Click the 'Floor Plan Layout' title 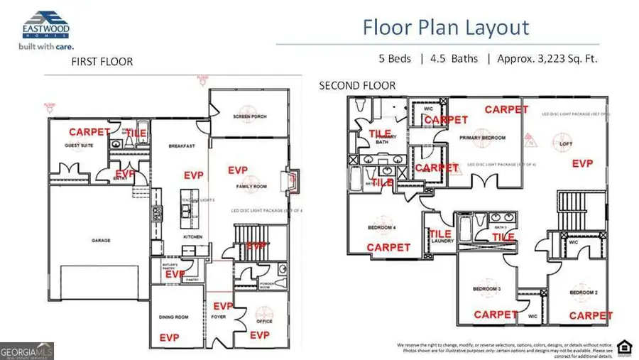coord(446,28)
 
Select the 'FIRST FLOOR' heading coord(102,62)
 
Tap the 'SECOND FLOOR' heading coord(357,86)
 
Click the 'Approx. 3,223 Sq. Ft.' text coord(548,58)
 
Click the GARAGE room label coord(101,241)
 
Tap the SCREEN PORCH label coord(249,116)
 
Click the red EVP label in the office coord(260,334)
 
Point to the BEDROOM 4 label coord(381,227)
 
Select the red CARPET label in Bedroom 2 coord(591,315)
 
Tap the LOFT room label coord(566,144)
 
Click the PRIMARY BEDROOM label coord(482,138)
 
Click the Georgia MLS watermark coord(26,351)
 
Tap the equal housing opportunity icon coord(624,346)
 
